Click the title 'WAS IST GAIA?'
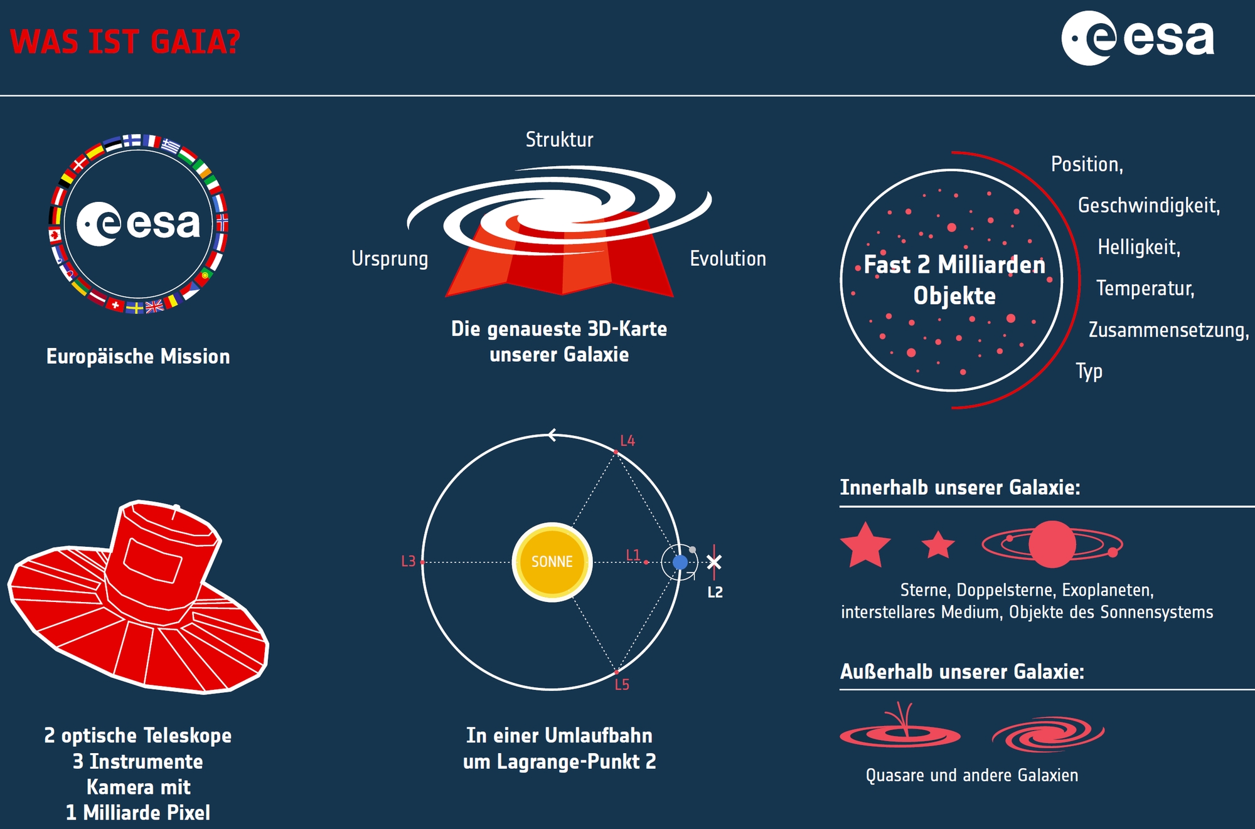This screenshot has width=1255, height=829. (125, 42)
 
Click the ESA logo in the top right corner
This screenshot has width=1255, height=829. (1138, 38)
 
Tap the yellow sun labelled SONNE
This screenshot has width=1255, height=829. (552, 562)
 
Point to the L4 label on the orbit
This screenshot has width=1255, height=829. (627, 441)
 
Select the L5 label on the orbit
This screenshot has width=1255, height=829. (622, 685)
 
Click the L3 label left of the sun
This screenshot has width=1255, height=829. (409, 561)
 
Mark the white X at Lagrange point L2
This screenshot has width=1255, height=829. (714, 562)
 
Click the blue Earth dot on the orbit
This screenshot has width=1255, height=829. (680, 562)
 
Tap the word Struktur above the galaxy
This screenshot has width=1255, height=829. (559, 139)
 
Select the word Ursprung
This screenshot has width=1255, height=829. (390, 259)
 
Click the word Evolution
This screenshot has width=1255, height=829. (728, 258)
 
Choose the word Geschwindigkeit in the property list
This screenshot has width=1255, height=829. (1149, 206)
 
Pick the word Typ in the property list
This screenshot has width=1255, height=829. (1089, 371)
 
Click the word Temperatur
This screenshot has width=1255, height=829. (1145, 288)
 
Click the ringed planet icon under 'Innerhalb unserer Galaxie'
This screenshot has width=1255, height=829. (1052, 544)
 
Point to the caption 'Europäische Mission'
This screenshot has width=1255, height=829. (138, 356)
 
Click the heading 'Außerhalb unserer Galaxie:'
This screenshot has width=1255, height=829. (962, 672)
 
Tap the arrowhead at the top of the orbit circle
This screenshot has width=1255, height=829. (552, 435)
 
